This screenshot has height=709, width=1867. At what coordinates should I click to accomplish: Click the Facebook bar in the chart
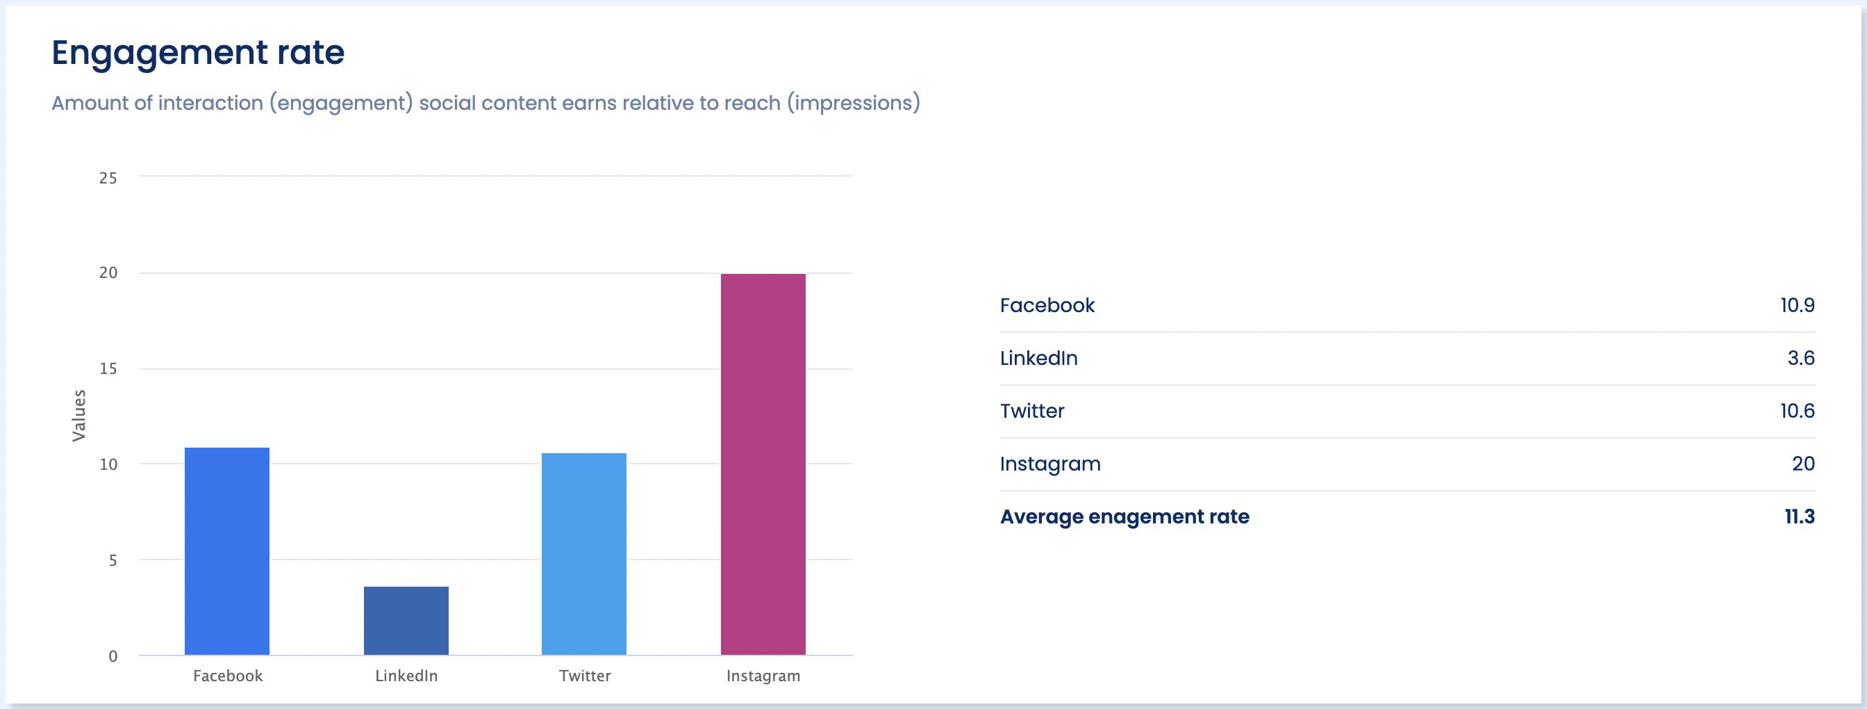click(x=227, y=551)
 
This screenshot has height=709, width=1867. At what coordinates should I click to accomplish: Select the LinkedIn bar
click(x=406, y=621)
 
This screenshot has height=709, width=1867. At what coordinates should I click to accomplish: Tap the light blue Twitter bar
click(x=583, y=554)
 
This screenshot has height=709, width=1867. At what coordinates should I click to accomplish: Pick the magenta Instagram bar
click(x=763, y=464)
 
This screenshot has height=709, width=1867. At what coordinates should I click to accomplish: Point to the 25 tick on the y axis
click(x=108, y=179)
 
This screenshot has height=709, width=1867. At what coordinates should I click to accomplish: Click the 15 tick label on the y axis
click(x=108, y=369)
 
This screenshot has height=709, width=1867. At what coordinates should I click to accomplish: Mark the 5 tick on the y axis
click(x=113, y=560)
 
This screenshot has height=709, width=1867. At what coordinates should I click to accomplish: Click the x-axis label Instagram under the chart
click(x=763, y=676)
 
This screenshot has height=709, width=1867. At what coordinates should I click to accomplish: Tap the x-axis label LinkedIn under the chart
click(x=406, y=676)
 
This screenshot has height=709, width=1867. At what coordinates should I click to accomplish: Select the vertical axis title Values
click(x=79, y=416)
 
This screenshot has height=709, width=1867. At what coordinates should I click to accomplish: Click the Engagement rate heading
click(x=198, y=52)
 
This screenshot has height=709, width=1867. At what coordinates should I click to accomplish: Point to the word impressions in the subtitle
click(x=853, y=103)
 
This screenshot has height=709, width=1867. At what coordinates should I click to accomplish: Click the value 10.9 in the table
click(x=1797, y=305)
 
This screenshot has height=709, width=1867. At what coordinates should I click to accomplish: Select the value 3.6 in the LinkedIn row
click(x=1800, y=358)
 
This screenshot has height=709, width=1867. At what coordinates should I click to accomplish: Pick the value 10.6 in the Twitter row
click(x=1797, y=411)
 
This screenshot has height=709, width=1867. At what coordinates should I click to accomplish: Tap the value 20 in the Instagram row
click(x=1802, y=464)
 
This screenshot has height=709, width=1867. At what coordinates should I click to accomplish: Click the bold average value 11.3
click(x=1799, y=517)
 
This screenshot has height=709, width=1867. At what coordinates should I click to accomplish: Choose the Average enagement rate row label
click(x=1124, y=517)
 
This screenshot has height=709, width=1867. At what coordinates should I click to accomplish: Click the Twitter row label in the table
click(x=1032, y=411)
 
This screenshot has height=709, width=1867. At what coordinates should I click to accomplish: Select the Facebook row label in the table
click(x=1047, y=305)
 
